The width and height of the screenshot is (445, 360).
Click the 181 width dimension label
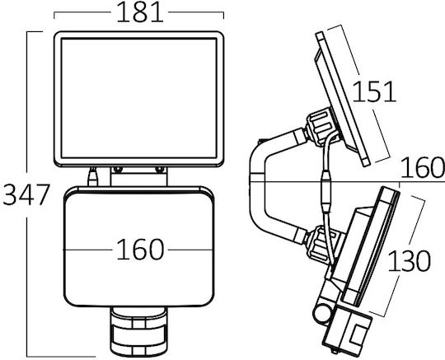click(139, 12)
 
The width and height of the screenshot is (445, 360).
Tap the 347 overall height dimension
click(26, 194)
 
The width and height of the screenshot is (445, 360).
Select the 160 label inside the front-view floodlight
click(140, 250)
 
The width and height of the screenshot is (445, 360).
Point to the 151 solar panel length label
click(374, 91)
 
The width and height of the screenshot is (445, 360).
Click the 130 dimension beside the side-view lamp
click(409, 260)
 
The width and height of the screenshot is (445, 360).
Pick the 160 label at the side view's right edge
click(422, 168)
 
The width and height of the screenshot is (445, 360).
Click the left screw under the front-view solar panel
click(117, 170)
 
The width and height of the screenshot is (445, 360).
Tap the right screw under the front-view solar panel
click(160, 170)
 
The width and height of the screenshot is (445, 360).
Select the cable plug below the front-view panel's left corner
click(92, 176)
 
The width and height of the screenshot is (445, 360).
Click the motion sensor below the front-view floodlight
click(138, 332)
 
